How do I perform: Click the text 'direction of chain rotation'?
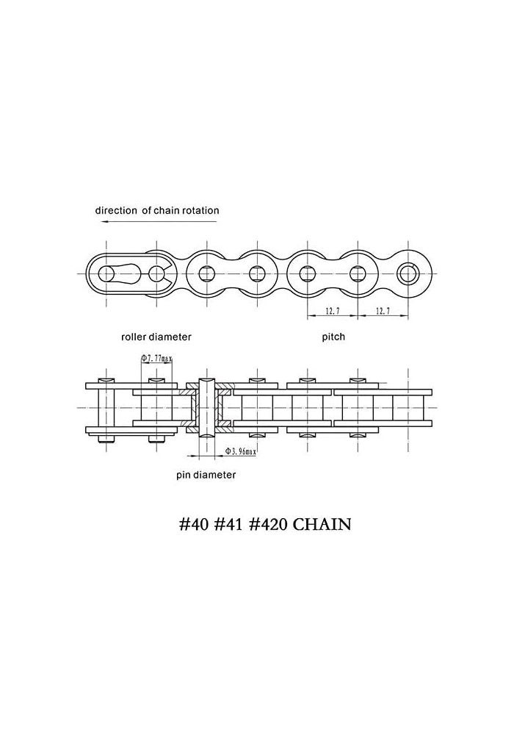157,210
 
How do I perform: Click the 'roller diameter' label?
156,337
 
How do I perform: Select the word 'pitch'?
333,337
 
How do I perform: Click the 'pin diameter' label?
206,475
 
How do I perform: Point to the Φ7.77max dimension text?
157,359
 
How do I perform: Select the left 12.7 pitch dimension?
332,311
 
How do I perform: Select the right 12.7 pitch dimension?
383,311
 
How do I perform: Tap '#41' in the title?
228,524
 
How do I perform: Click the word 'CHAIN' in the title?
322,524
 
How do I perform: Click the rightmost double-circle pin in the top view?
409,273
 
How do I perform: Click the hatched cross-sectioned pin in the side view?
206,407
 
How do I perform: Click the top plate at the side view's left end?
131,387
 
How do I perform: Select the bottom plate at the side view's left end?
131,430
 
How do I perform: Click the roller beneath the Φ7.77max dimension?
156,408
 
